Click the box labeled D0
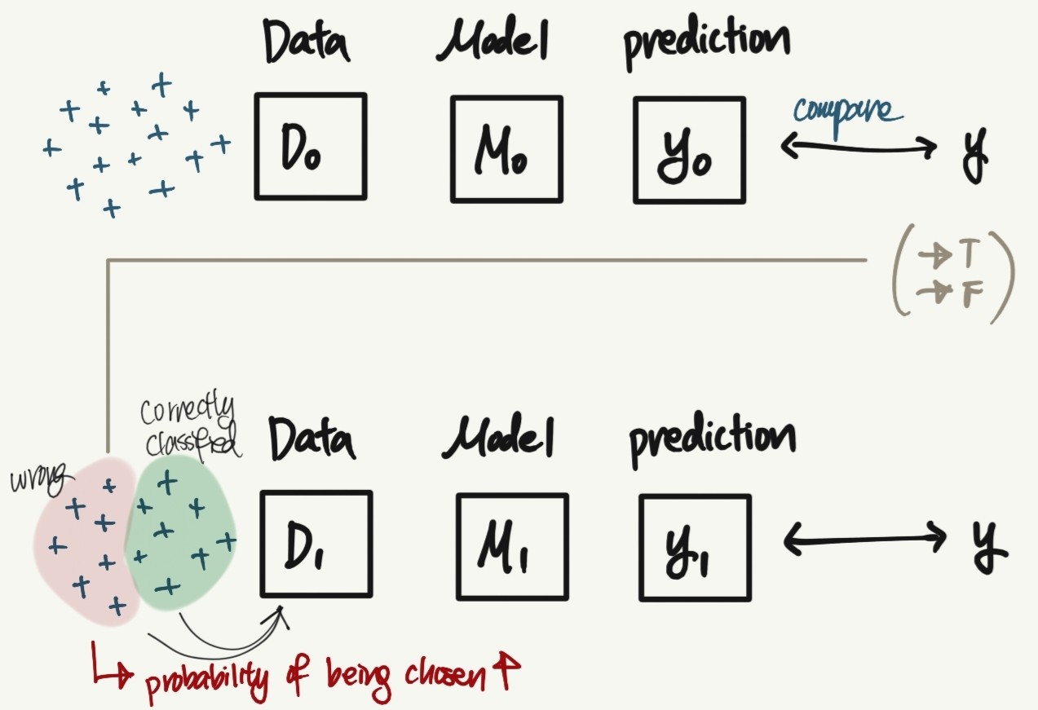(x=311, y=147)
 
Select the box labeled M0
(x=506, y=148)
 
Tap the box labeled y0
(x=689, y=148)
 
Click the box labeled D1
(x=316, y=544)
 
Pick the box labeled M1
(x=512, y=546)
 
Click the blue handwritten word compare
(x=848, y=112)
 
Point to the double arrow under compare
(x=859, y=148)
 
